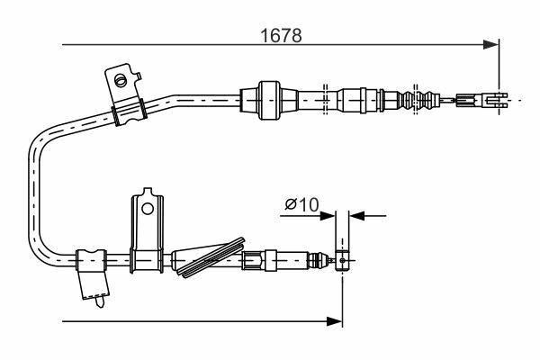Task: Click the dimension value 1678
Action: coord(281,35)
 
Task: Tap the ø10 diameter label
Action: coord(301,205)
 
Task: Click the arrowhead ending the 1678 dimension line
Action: coord(490,44)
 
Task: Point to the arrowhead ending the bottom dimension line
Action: coord(334,321)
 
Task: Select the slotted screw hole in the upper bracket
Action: coord(121,81)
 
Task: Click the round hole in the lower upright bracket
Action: coord(148,209)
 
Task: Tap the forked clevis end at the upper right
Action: coord(497,100)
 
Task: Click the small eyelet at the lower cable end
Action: coord(342,260)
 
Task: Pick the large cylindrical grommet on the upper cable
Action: coord(268,100)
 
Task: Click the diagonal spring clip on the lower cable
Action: coord(210,257)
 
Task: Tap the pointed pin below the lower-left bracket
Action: coord(101,301)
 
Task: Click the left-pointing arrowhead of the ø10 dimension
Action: coord(358,216)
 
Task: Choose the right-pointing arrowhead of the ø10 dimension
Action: coord(328,216)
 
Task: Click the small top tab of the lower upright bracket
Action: coord(148,192)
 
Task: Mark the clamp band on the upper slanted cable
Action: coord(130,112)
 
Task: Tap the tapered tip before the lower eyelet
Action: coord(321,260)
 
